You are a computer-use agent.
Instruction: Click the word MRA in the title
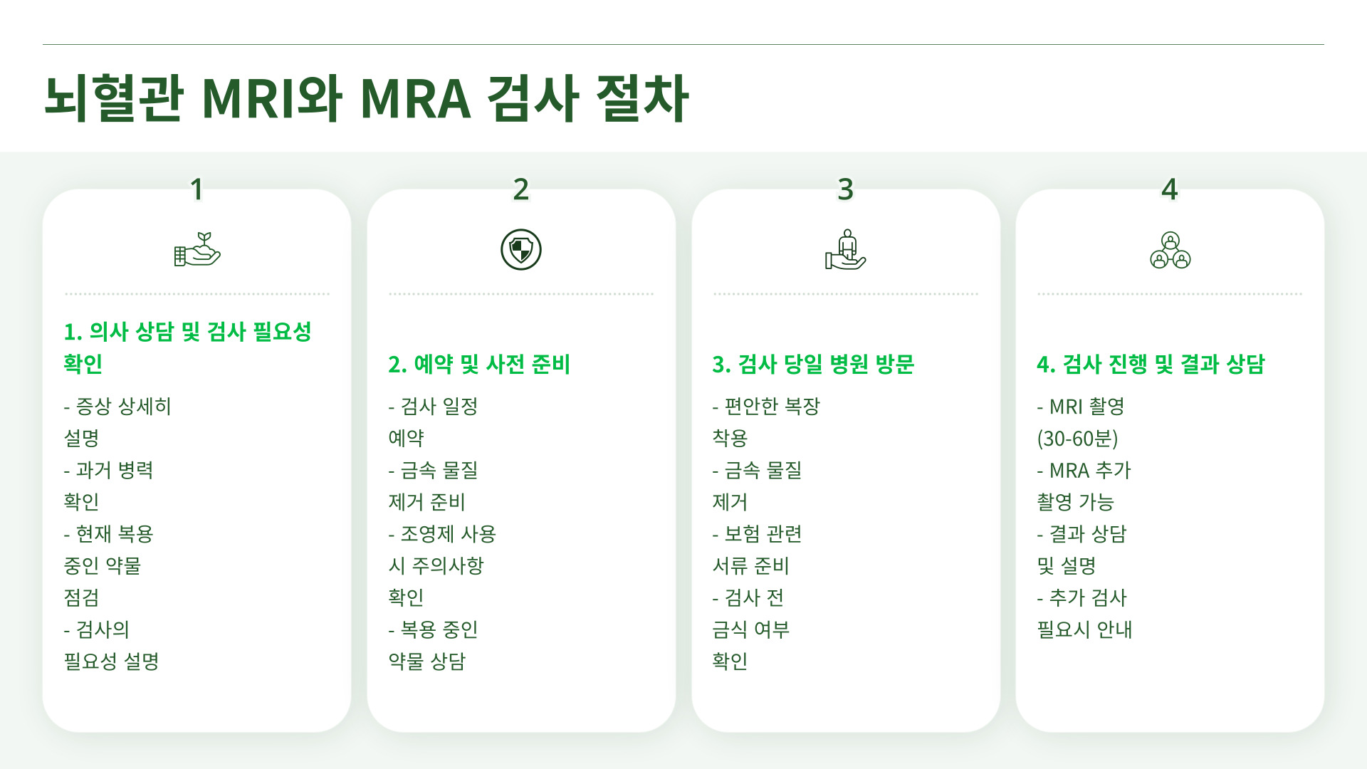[415, 98]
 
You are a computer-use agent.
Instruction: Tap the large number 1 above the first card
[197, 189]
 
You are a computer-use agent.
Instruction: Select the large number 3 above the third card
[845, 189]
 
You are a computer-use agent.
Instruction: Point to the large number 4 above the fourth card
[1169, 189]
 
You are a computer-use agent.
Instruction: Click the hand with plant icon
[197, 250]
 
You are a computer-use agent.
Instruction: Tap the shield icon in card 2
[521, 250]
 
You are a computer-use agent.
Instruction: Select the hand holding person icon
[845, 250]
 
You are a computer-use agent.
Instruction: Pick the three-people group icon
[1170, 250]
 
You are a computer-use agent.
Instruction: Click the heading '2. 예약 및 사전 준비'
[479, 365]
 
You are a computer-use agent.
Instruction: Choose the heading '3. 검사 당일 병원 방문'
[813, 365]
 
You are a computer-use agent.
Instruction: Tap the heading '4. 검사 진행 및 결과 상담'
[1151, 365]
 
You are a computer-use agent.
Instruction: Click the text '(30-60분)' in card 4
[1077, 439]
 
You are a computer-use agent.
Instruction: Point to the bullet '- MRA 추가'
[1084, 471]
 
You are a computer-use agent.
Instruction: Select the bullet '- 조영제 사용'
[442, 534]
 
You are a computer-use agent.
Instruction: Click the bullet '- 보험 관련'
[757, 534]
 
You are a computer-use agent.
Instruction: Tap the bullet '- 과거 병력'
[108, 471]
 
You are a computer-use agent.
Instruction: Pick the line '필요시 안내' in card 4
[1084, 630]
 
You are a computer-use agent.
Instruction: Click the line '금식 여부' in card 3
[751, 630]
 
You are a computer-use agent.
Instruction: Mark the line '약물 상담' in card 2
[426, 661]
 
